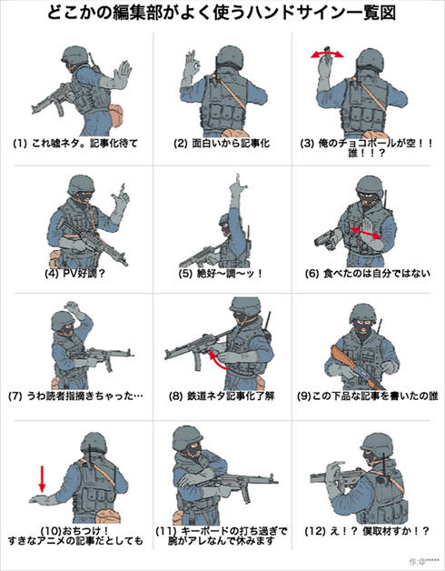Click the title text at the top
click(x=222, y=14)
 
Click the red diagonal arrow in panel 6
click(x=363, y=235)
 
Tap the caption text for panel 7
click(x=75, y=397)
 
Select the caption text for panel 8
click(x=222, y=397)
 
